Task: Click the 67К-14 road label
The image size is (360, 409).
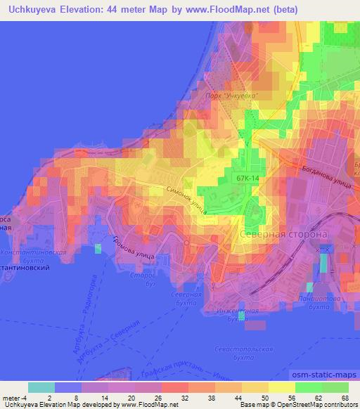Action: (247, 178)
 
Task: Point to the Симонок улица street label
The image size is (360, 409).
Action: (186, 199)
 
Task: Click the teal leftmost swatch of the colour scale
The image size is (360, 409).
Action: (41, 387)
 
